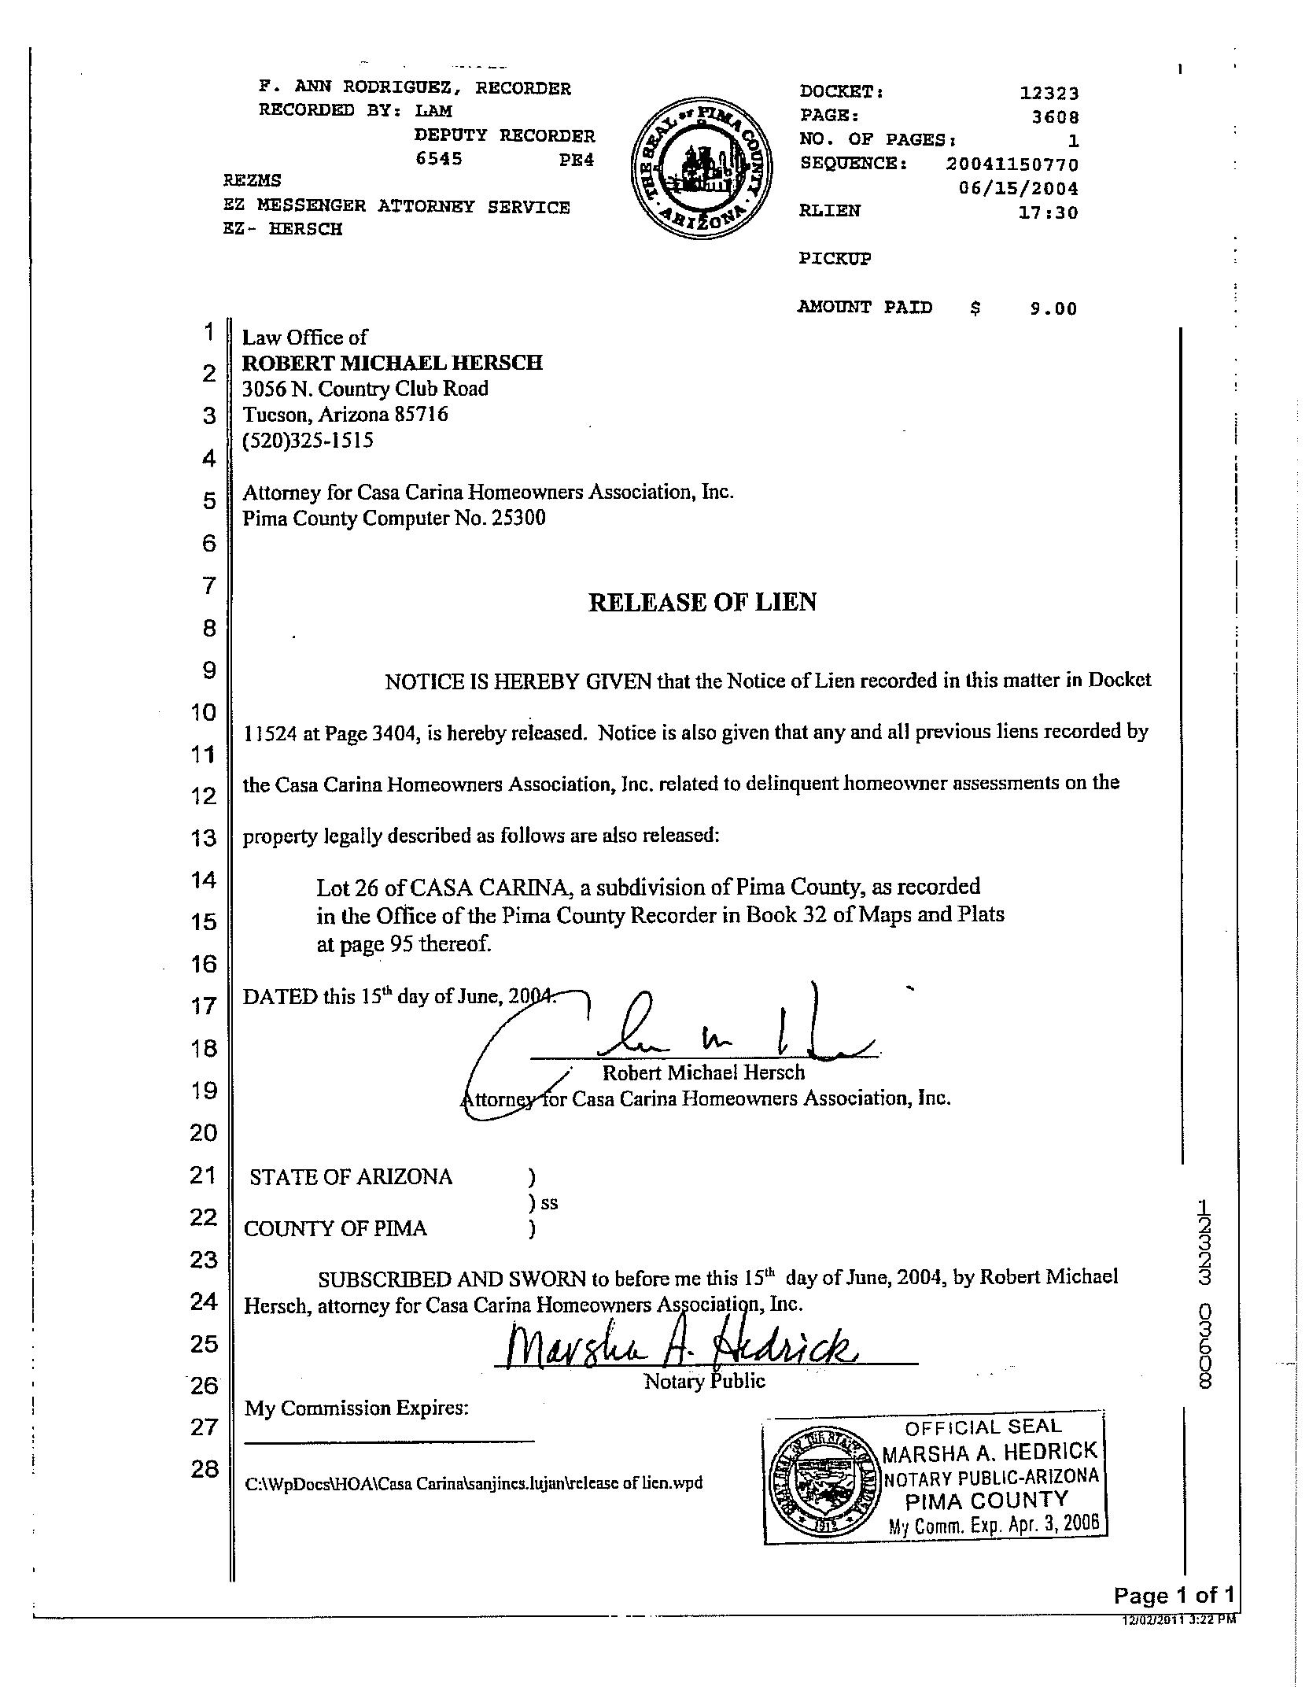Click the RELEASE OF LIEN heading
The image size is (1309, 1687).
click(702, 602)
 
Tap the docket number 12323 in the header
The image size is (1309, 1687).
click(1049, 93)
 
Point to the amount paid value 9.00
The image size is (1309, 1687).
click(1053, 308)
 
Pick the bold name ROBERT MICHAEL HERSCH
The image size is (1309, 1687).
click(392, 363)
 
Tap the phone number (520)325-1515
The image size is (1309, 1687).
click(308, 440)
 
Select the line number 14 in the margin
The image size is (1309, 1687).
click(204, 879)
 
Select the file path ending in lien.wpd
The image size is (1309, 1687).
click(474, 1483)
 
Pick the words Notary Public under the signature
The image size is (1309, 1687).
click(704, 1381)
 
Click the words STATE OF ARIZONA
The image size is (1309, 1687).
click(351, 1177)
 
